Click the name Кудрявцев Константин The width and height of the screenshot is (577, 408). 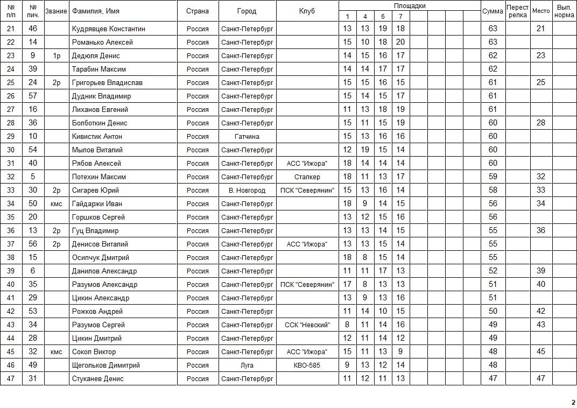pyautogui.click(x=109, y=29)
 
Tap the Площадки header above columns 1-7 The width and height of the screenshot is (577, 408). pyautogui.click(x=409, y=5)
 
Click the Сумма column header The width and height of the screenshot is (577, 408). pyautogui.click(x=492, y=11)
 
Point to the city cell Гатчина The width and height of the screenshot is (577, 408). pyautogui.click(x=247, y=136)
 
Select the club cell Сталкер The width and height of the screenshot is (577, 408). pyautogui.click(x=307, y=177)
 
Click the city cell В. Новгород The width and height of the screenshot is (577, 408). pyautogui.click(x=247, y=190)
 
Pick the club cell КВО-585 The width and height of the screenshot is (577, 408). pyautogui.click(x=307, y=365)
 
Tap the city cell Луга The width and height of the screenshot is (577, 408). pyautogui.click(x=247, y=365)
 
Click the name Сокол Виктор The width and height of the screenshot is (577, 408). pyautogui.click(x=94, y=351)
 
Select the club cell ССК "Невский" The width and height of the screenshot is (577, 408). pyautogui.click(x=307, y=325)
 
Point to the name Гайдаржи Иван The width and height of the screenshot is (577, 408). pyautogui.click(x=97, y=203)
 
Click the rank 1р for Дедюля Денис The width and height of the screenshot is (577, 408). pyautogui.click(x=57, y=55)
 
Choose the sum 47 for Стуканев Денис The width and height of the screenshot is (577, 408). pyautogui.click(x=492, y=378)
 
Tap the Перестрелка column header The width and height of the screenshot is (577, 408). pyautogui.click(x=517, y=11)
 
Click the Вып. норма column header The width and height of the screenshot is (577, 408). pyautogui.click(x=564, y=11)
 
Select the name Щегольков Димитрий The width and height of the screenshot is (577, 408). pyautogui.click(x=106, y=365)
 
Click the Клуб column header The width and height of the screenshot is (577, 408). pyautogui.click(x=307, y=11)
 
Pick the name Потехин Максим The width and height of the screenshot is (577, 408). pyautogui.click(x=99, y=177)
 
